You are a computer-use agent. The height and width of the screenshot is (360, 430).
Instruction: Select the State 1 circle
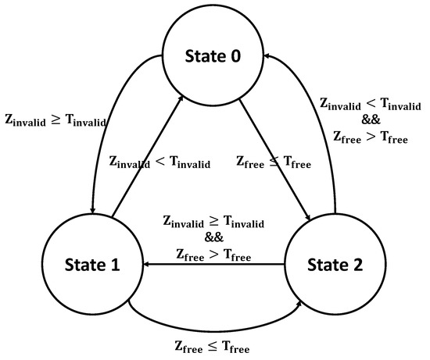[x=91, y=264]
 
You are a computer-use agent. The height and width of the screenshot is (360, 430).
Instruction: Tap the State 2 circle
[x=333, y=264]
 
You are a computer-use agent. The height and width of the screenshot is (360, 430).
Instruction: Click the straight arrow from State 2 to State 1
[x=211, y=264]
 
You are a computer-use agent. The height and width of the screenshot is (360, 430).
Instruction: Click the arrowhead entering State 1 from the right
[x=146, y=264]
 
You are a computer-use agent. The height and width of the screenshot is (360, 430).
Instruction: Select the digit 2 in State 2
[x=358, y=264]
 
